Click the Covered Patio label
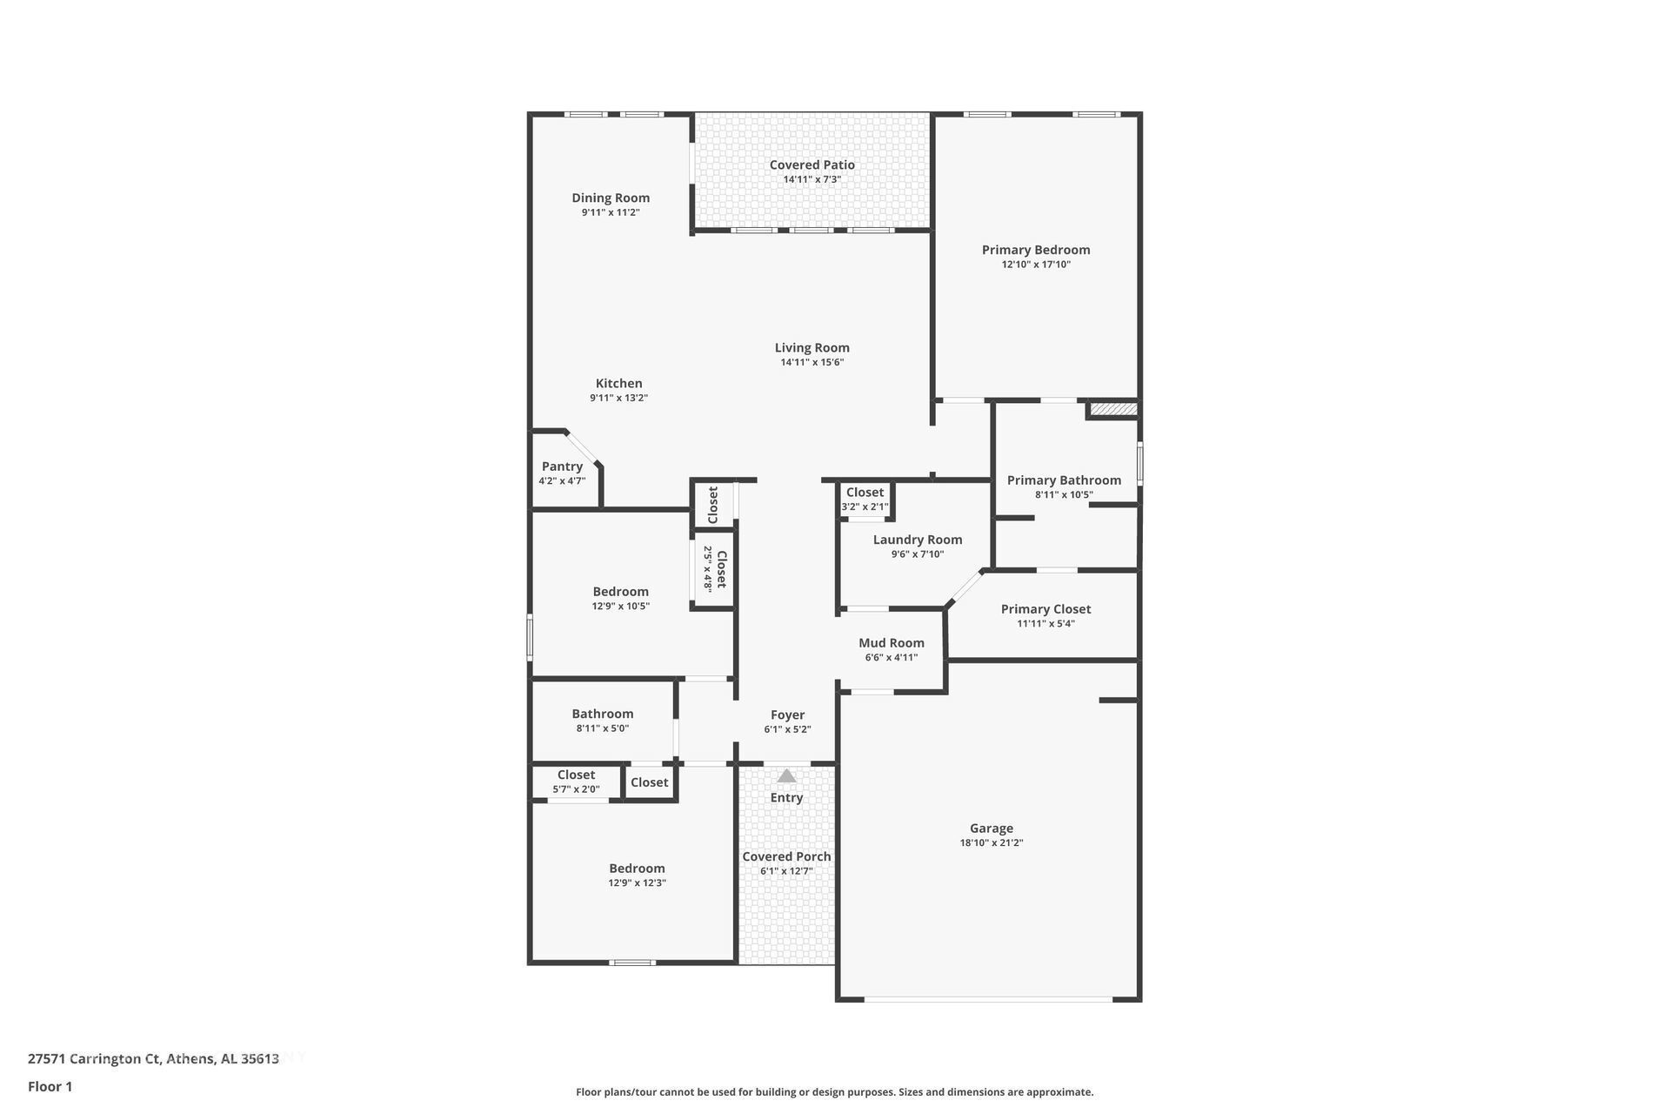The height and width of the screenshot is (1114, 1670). pyautogui.click(x=812, y=164)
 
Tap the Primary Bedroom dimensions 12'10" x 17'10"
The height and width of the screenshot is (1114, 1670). pyautogui.click(x=1036, y=265)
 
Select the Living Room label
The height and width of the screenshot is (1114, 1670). pyautogui.click(x=812, y=347)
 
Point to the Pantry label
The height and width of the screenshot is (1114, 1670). pyautogui.click(x=562, y=466)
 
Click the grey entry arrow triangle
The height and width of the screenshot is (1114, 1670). pyautogui.click(x=786, y=775)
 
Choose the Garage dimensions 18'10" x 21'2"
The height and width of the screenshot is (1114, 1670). pyautogui.click(x=992, y=843)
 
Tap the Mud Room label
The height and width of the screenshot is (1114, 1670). pyautogui.click(x=891, y=643)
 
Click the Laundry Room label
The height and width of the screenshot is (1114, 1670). pyautogui.click(x=918, y=540)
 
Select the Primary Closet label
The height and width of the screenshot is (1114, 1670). pyautogui.click(x=1045, y=609)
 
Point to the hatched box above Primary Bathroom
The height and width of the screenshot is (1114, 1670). pyautogui.click(x=1113, y=408)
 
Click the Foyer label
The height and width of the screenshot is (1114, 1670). pyautogui.click(x=787, y=715)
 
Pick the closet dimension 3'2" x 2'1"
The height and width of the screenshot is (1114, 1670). pyautogui.click(x=865, y=507)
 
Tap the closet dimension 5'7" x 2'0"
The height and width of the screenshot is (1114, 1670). pyautogui.click(x=576, y=789)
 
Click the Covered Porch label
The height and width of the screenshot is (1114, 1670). pyautogui.click(x=786, y=856)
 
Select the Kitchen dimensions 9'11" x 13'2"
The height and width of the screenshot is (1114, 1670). pyautogui.click(x=618, y=398)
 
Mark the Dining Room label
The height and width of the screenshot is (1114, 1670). pyautogui.click(x=611, y=198)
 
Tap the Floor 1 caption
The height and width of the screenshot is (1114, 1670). pyautogui.click(x=50, y=1086)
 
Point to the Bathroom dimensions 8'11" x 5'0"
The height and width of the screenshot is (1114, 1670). pyautogui.click(x=602, y=728)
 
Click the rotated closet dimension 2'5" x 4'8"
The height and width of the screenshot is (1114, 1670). pyautogui.click(x=708, y=569)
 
